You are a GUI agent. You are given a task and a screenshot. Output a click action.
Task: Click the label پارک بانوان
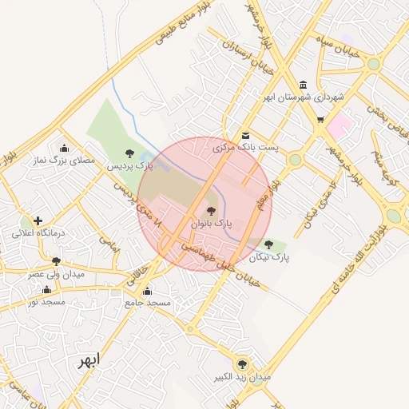(210, 224)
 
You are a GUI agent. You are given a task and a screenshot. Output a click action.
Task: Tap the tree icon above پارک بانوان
(211, 212)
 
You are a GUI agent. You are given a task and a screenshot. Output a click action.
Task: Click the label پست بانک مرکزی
(244, 148)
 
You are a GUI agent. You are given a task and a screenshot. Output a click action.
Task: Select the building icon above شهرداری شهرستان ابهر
(303, 85)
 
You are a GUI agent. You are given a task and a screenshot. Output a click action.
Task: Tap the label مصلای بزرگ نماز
(64, 161)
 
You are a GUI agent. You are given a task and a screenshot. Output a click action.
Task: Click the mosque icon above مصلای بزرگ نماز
(64, 148)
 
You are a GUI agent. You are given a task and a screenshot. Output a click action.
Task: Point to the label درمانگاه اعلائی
(37, 233)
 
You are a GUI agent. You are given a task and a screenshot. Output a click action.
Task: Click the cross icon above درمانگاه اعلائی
(38, 220)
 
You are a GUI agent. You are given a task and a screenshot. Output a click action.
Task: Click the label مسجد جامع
(148, 304)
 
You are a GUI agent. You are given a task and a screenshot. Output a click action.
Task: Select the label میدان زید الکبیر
(242, 375)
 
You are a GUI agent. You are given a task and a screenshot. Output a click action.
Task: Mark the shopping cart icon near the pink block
(320, 121)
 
